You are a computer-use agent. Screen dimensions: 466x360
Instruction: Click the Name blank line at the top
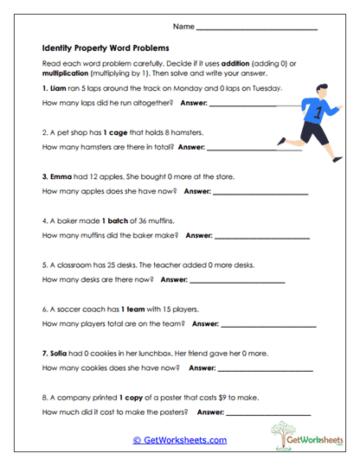point(257,30)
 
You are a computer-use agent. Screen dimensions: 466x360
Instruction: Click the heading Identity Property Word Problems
point(106,48)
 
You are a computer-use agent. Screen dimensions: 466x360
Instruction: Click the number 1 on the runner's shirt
point(318,111)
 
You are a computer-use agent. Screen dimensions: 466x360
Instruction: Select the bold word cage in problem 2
point(115,132)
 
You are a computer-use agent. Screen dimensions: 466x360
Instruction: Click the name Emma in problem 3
point(61,176)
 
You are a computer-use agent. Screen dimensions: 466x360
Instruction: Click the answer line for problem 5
point(236,279)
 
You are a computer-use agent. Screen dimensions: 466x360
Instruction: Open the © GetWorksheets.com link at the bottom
point(179,440)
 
